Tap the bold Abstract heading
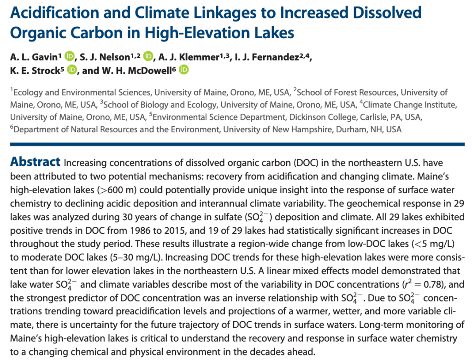(35, 162)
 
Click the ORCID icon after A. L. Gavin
(70, 56)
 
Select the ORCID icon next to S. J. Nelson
(148, 56)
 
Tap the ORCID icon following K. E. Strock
(72, 70)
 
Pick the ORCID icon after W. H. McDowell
(183, 70)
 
